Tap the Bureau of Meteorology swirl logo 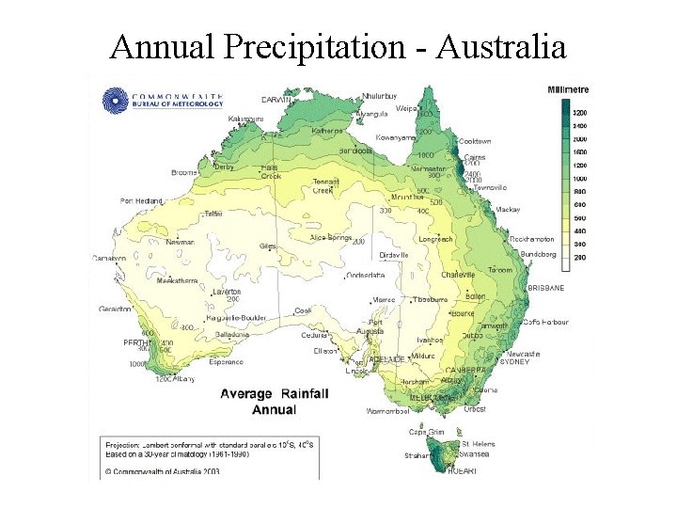(115, 99)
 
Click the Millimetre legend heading (567, 90)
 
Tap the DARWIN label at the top (276, 99)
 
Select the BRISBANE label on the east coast (545, 287)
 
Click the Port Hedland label (141, 200)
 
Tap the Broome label (183, 173)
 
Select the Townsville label (490, 187)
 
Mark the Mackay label (509, 210)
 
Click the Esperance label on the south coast (226, 361)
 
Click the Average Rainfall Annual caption (274, 402)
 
